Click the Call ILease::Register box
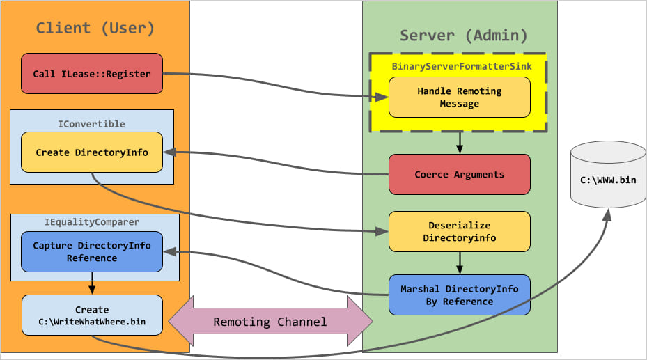(x=91, y=74)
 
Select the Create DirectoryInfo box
(x=91, y=152)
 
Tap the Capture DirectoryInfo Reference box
(x=91, y=252)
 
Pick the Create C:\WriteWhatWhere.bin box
(x=91, y=315)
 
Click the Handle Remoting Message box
(x=459, y=97)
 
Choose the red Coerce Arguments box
(x=459, y=174)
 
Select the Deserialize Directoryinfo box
(x=459, y=231)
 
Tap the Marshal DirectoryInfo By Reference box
(x=459, y=295)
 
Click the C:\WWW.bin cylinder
(x=608, y=178)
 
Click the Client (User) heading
(x=95, y=29)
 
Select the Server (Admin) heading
(x=463, y=36)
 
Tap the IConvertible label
(x=91, y=124)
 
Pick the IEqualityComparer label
(x=91, y=222)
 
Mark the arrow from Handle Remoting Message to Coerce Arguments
(x=459, y=142)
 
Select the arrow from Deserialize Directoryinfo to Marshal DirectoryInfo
(x=459, y=263)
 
